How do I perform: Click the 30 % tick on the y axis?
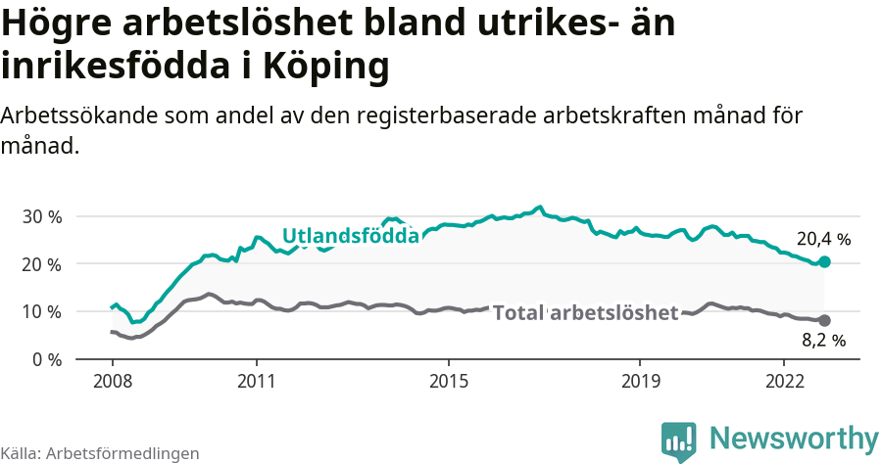[42, 216]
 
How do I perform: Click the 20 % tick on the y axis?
[42, 264]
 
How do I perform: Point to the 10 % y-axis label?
[42, 311]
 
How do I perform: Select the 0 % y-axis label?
[47, 359]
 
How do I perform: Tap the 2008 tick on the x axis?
[113, 380]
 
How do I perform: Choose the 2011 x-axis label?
[256, 380]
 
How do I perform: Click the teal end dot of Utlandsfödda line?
[825, 261]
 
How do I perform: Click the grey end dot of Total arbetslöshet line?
[824, 320]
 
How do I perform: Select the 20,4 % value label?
[823, 239]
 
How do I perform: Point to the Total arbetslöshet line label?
[585, 313]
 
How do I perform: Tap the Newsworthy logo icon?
[679, 440]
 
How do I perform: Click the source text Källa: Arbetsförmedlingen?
[100, 453]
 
